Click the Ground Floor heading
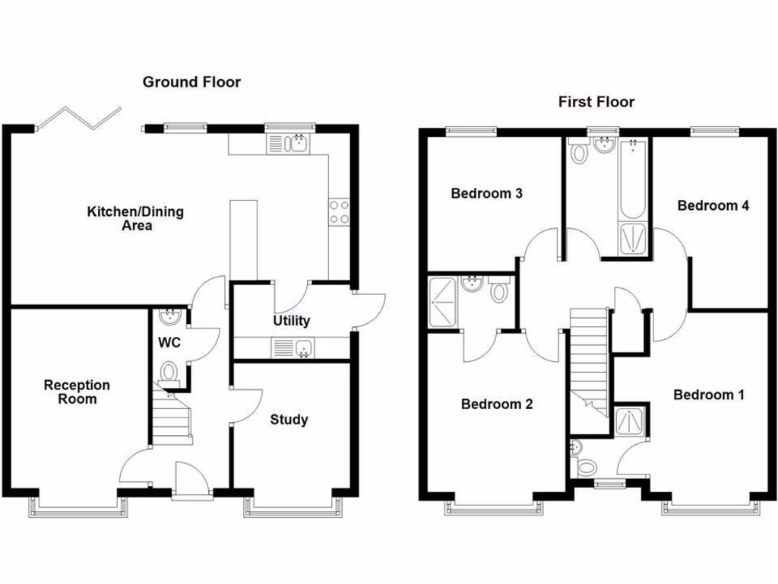[x=191, y=82]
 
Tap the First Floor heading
[x=596, y=102]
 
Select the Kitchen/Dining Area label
[x=135, y=218]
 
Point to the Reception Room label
[x=77, y=392]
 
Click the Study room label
[x=289, y=419]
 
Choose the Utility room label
[x=291, y=321]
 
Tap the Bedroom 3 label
[x=486, y=193]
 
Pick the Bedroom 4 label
[x=713, y=205]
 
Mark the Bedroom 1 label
[x=709, y=395]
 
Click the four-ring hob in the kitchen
[x=338, y=212]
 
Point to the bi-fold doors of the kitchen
[x=78, y=119]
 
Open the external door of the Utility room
[x=370, y=309]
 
